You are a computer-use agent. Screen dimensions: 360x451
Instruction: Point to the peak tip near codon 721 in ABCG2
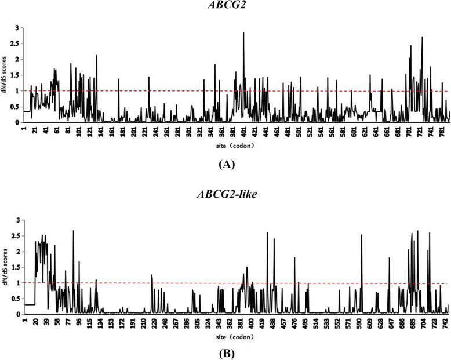423,37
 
